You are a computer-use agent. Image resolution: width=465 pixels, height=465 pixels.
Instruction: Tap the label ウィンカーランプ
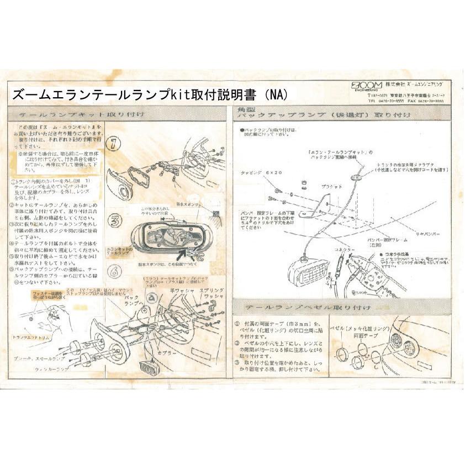click(x=52, y=368)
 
